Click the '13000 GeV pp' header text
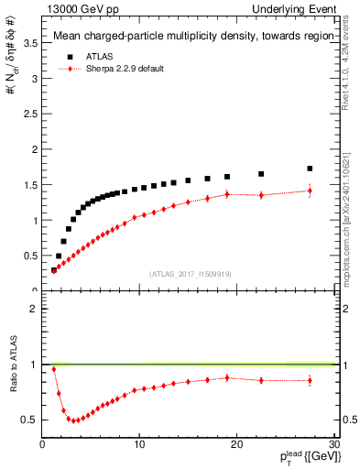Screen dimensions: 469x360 (77, 8)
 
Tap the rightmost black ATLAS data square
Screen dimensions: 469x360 (310, 169)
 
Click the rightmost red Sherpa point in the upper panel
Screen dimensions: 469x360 (310, 191)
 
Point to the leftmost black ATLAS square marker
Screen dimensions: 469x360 (54, 270)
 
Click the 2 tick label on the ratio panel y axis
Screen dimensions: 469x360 (34, 309)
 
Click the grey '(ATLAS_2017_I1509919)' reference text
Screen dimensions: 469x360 (190, 273)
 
